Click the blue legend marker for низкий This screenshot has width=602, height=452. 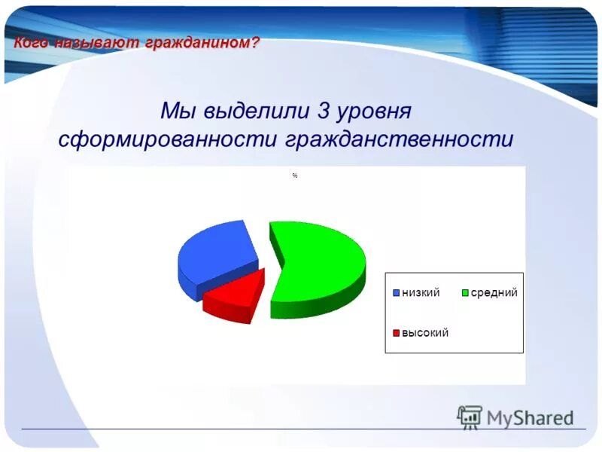[396, 293]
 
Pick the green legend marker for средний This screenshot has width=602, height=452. [466, 293]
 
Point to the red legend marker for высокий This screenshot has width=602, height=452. [396, 333]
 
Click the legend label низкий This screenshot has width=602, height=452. [421, 292]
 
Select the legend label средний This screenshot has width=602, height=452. [494, 292]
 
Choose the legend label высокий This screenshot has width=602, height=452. [425, 332]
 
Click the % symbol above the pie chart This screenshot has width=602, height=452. [295, 176]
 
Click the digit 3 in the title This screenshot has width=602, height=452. [324, 111]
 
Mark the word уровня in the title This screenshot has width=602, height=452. [374, 111]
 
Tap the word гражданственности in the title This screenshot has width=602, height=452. [399, 140]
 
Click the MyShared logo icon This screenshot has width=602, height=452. [470, 417]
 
